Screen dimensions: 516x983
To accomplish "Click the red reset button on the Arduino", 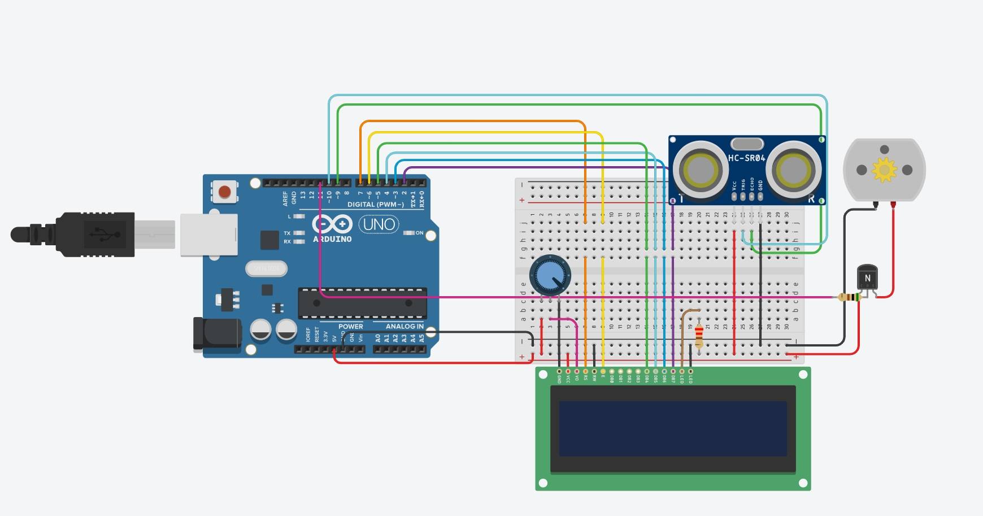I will tap(225, 192).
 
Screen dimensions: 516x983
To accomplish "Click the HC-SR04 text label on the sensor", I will tap(746, 158).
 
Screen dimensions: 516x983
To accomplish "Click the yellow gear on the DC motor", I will tap(884, 170).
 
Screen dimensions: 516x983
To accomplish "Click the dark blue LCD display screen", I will tap(672, 428).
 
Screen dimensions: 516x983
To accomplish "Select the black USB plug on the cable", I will tap(90, 234).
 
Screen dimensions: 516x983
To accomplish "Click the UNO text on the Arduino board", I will tap(379, 224).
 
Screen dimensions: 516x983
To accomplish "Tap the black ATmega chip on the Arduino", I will tap(362, 303).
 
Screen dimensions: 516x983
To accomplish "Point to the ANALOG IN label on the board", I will tap(404, 326).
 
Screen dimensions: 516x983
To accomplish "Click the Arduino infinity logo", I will tap(332, 224).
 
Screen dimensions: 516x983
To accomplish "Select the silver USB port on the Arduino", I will tap(208, 235).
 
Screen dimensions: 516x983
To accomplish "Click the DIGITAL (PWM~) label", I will tap(375, 205).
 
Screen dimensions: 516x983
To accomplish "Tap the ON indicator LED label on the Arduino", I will tap(419, 233).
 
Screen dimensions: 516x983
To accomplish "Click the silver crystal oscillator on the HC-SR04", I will tap(747, 144).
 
